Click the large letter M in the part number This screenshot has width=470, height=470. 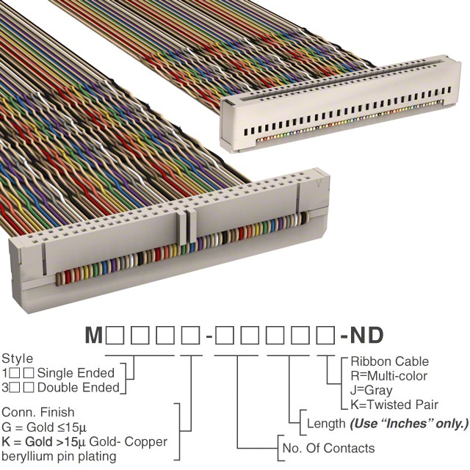click(94, 335)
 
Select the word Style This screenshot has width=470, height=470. click(18, 358)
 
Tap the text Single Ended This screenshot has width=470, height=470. click(76, 373)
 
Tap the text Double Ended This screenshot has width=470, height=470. click(79, 388)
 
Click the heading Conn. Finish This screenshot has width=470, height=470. click(37, 412)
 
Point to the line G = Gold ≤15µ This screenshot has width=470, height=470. click(44, 427)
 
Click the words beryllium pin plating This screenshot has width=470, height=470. click(59, 456)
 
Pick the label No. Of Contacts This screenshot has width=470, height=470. click(328, 448)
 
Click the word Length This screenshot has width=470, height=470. click(326, 424)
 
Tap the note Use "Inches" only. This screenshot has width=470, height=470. click(409, 424)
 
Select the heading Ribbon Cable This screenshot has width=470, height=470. click(390, 361)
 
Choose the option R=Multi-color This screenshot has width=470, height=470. click(388, 375)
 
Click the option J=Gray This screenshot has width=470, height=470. click(371, 390)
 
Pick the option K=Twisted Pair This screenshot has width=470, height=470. click(394, 405)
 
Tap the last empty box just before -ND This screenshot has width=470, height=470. click(325, 335)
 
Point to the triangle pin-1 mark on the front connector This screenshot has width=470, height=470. click(319, 182)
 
